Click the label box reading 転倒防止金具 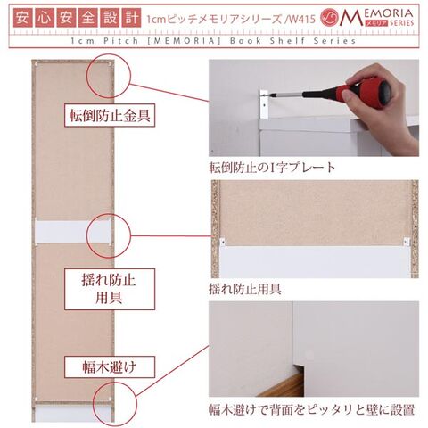click(110, 115)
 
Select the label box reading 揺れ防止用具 click(110, 289)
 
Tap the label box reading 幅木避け click(110, 367)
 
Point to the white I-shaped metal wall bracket click(264, 104)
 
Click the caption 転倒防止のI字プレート click(272, 168)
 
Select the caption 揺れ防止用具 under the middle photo click(245, 289)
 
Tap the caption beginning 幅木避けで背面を click(312, 410)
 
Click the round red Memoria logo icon click(330, 17)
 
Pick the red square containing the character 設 click(111, 18)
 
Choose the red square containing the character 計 click(132, 18)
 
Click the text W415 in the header click(301, 20)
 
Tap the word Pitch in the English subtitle click(121, 41)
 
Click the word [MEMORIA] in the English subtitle click(185, 41)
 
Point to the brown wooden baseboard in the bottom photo click(279, 387)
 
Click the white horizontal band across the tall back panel click(73, 232)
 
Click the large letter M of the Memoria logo click(351, 17)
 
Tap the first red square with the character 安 click(22, 18)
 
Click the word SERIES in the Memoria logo click(401, 23)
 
